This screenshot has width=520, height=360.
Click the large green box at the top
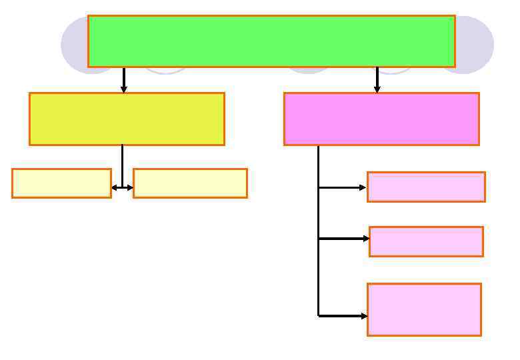click(271, 41)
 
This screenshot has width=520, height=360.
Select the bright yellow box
click(127, 119)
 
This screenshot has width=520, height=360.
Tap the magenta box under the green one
click(381, 119)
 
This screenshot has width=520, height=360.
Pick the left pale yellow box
click(61, 183)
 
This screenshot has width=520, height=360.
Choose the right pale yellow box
click(190, 183)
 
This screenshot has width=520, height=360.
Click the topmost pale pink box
click(426, 187)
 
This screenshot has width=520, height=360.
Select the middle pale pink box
click(426, 241)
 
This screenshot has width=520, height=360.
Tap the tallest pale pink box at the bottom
click(424, 309)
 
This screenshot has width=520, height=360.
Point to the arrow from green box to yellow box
click(123, 80)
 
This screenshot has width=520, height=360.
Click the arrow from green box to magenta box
click(377, 80)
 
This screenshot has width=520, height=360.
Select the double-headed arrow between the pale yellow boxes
click(123, 188)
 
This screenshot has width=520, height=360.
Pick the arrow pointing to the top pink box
click(343, 188)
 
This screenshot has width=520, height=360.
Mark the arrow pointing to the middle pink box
click(344, 238)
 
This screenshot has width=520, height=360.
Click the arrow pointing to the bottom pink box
click(343, 315)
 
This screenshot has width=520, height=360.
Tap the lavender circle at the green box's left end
click(74, 45)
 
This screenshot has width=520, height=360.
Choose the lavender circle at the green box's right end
click(475, 45)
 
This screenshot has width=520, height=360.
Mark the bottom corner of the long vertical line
click(319, 315)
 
